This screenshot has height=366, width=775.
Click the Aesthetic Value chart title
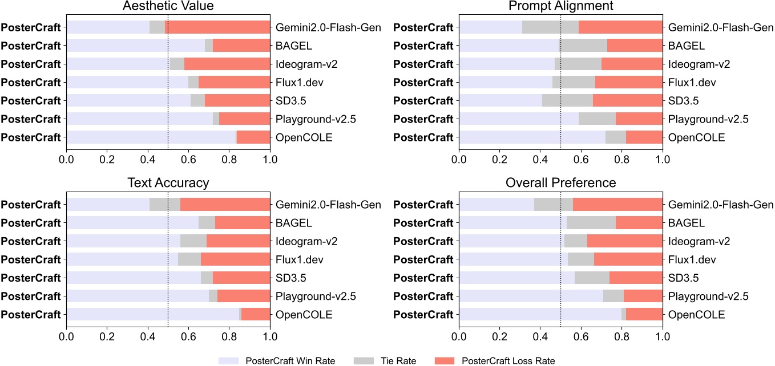168,7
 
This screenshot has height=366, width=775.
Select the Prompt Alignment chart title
560,7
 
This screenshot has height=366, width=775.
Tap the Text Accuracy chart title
168,182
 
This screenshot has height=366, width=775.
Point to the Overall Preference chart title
560,182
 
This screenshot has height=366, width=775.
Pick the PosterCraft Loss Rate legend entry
494,360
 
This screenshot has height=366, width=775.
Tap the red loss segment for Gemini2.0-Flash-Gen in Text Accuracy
225,204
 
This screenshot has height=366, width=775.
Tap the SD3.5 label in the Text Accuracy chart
288,278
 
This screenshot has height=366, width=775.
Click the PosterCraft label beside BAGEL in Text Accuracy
31,222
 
